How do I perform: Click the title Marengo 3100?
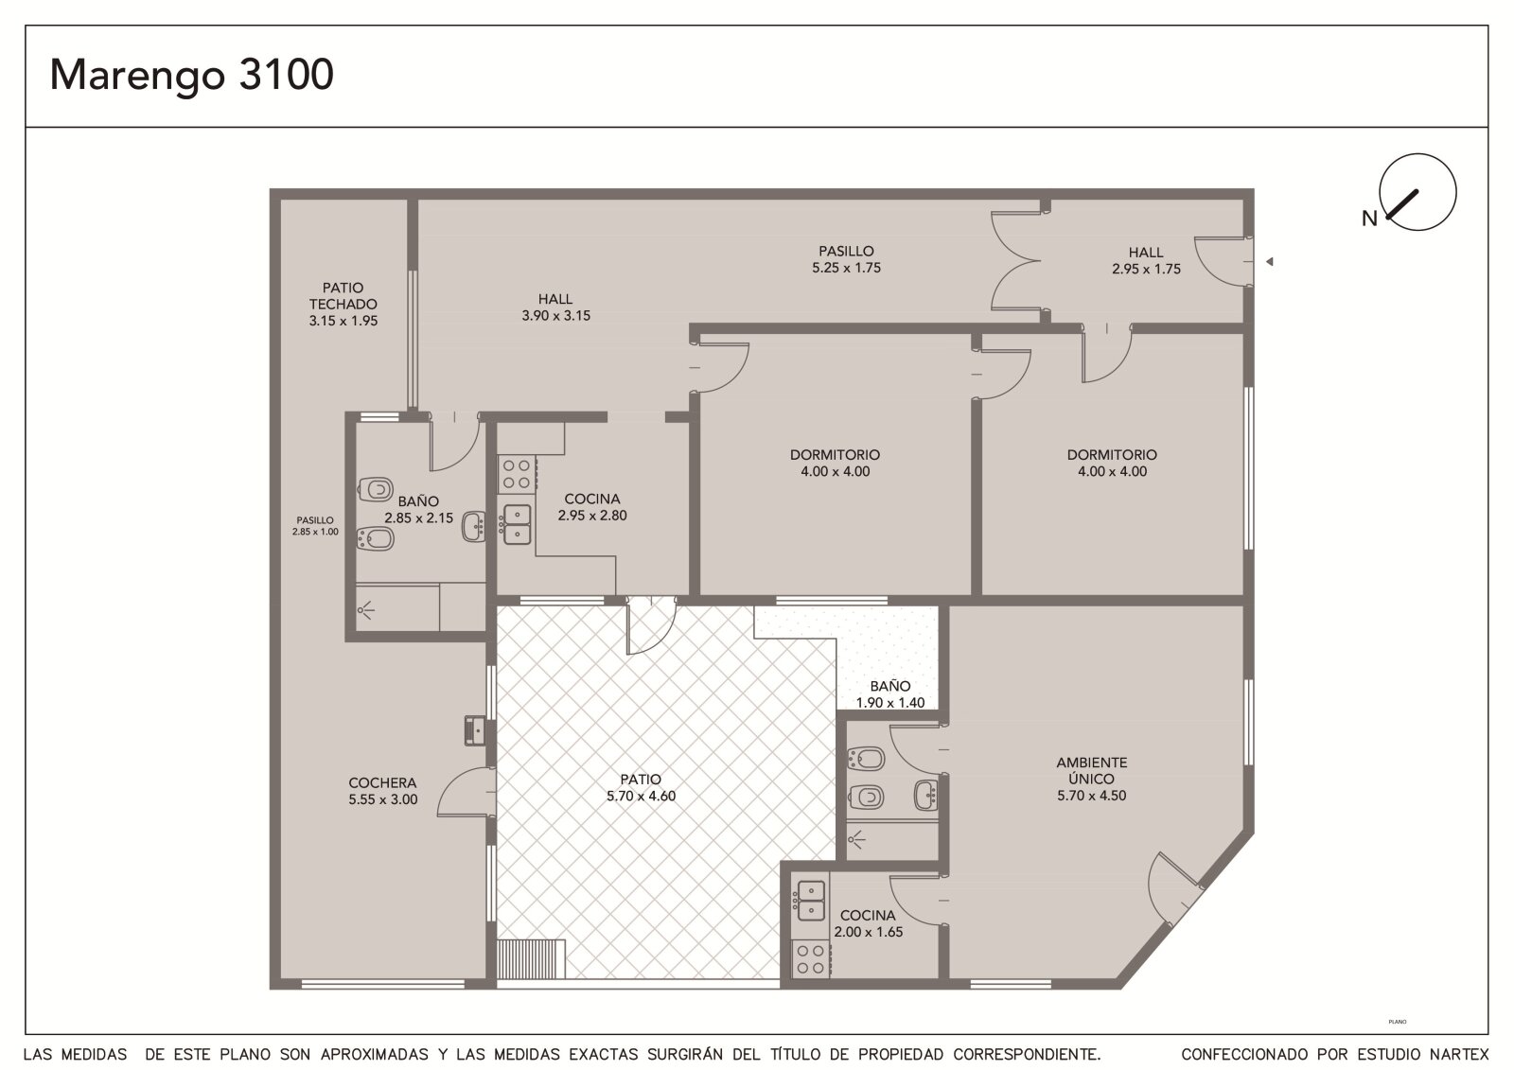point(191,76)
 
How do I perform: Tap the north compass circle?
point(1418,154)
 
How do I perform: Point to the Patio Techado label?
point(343,305)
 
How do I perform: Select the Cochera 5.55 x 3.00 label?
point(382,791)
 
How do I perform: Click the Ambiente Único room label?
point(1092,779)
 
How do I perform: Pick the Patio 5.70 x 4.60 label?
point(641,787)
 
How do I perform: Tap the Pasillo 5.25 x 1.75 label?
point(846,259)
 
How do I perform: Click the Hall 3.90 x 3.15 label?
point(555,307)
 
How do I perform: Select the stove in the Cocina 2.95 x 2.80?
point(517,474)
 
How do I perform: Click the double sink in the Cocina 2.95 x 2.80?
point(517,524)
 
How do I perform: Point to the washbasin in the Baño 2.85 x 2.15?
point(474,527)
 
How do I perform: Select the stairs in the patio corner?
point(531,958)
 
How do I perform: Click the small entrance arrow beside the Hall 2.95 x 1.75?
point(1269,261)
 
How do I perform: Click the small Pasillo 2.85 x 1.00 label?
point(315,526)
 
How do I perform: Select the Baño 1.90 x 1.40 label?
point(890,694)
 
